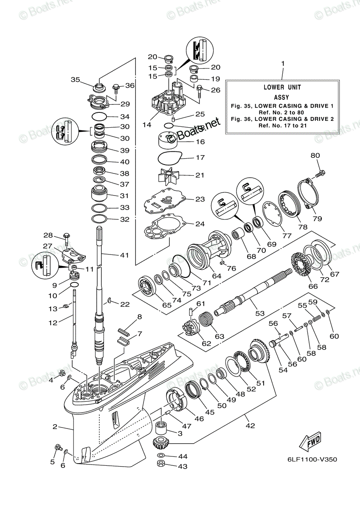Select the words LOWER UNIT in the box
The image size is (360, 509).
[x=282, y=87]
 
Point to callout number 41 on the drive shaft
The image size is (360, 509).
[x=124, y=255]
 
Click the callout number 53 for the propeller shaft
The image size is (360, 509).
[x=259, y=313]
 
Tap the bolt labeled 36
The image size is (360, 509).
[x=115, y=87]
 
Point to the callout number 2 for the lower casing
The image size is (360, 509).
[x=55, y=427]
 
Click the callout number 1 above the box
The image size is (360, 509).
[x=283, y=64]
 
